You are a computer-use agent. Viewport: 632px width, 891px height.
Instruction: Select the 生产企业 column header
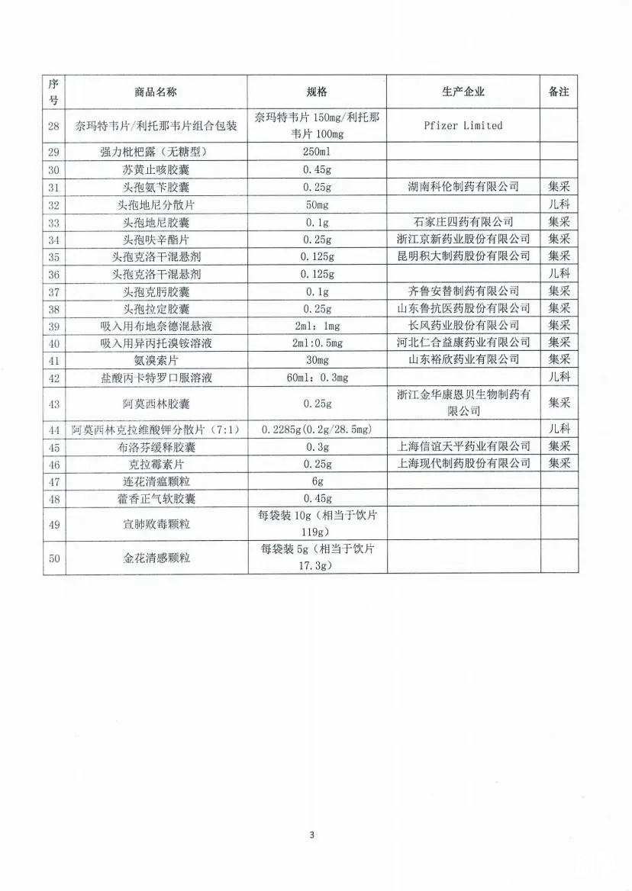point(463,92)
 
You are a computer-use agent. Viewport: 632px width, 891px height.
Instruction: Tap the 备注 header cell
point(559,92)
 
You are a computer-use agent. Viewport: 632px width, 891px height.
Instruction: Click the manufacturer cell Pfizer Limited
point(463,125)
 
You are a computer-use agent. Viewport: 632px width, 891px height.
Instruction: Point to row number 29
point(53,152)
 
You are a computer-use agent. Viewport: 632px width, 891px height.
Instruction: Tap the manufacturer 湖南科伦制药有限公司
point(463,187)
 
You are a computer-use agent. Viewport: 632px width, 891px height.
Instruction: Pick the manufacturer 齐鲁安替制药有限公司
point(463,291)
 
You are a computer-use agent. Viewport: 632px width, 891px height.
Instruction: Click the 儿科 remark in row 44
point(559,429)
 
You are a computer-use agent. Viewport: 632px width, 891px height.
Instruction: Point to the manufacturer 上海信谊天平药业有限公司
point(463,447)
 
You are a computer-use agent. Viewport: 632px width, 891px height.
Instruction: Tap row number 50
point(53,558)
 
